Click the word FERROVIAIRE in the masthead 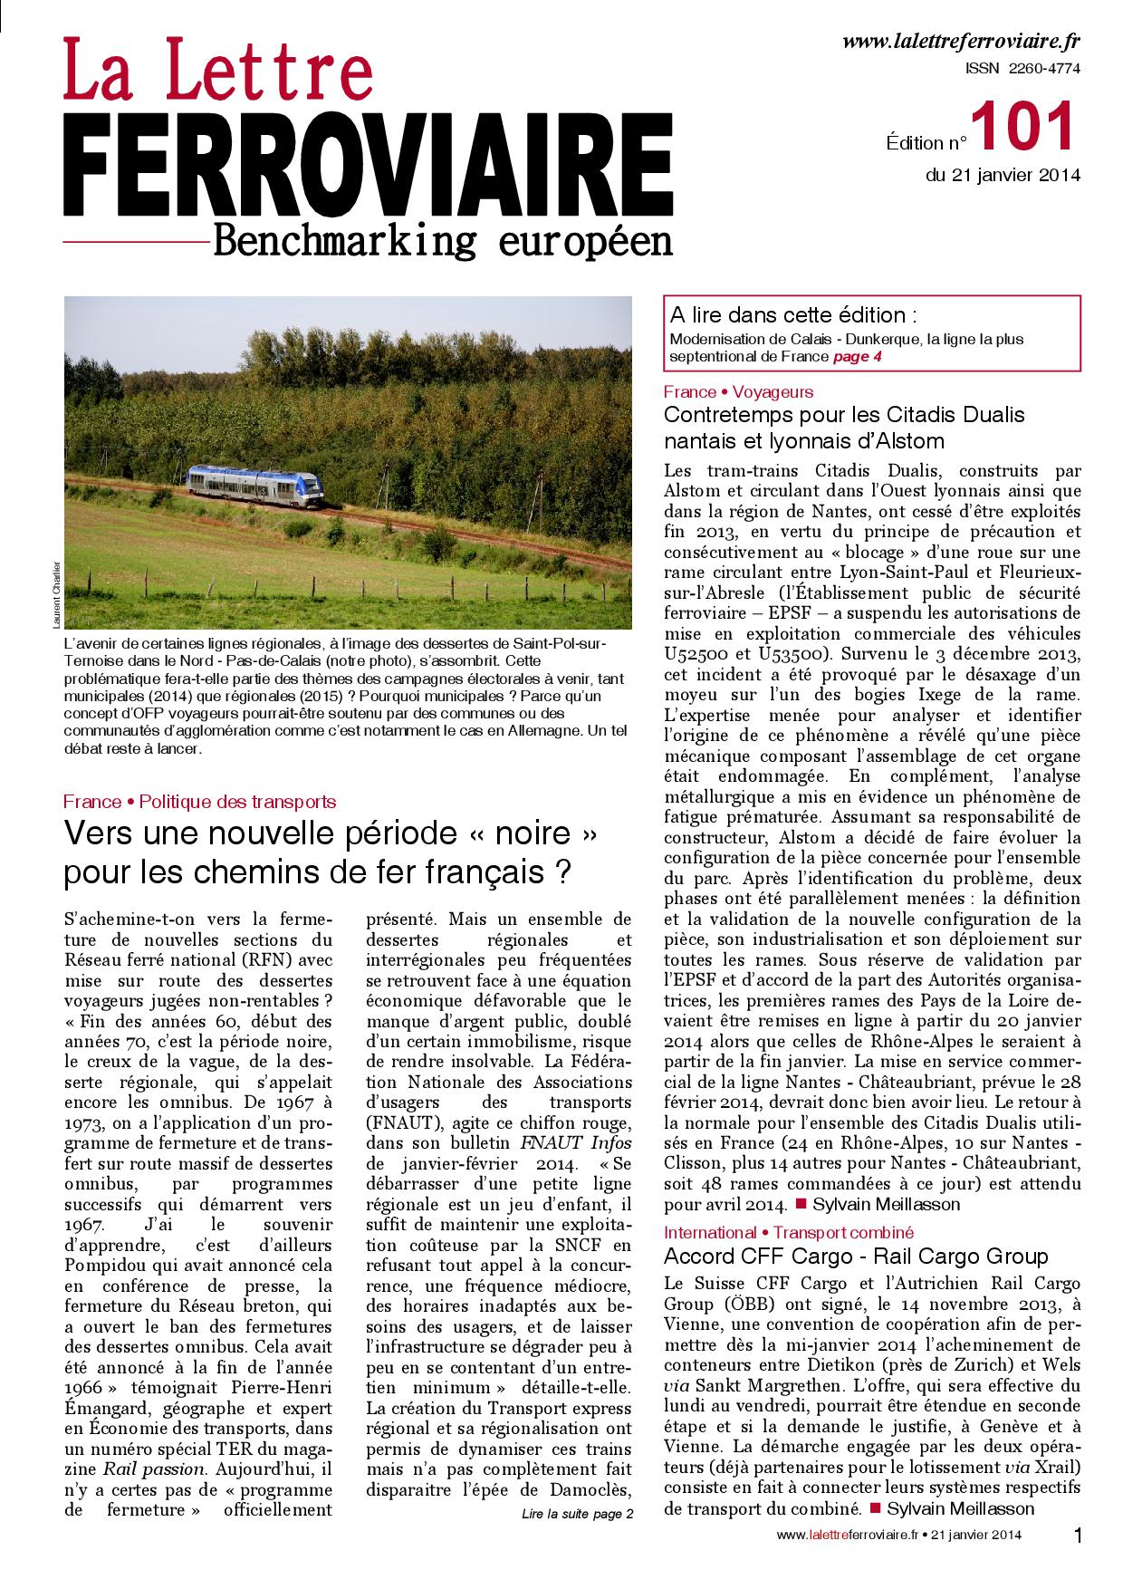pyautogui.click(x=368, y=166)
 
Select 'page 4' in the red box pyautogui.click(x=857, y=357)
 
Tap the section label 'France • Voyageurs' pyautogui.click(x=738, y=392)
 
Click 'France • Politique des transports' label pyautogui.click(x=200, y=801)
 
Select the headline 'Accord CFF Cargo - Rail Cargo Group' pyautogui.click(x=856, y=1256)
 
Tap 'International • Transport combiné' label pyautogui.click(x=789, y=1232)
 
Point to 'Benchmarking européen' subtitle pyautogui.click(x=441, y=241)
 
